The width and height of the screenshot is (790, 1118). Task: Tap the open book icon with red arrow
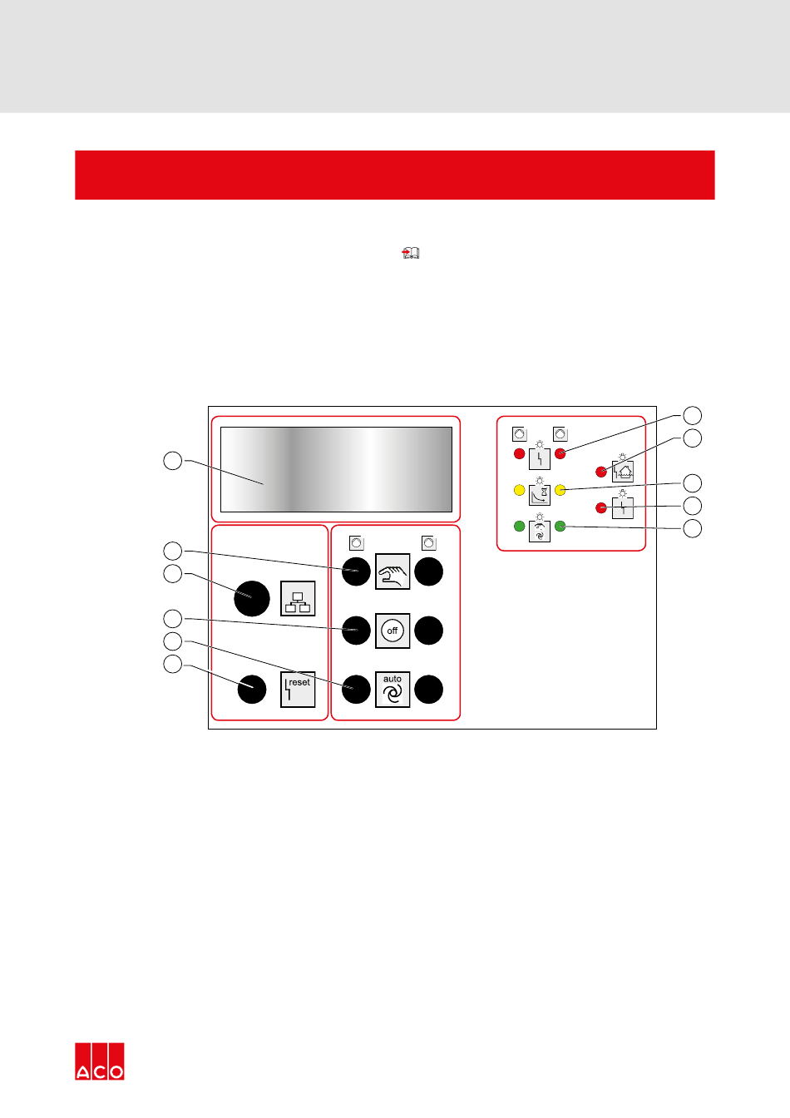(x=411, y=253)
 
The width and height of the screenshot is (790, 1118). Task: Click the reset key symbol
(x=298, y=690)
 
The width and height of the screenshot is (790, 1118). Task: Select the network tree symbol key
(x=298, y=598)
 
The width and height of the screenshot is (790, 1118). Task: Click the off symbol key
(x=393, y=631)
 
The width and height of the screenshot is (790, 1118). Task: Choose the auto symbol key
(x=393, y=690)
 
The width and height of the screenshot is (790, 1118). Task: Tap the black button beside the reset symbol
(x=251, y=690)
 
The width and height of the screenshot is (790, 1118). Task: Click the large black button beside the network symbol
(x=251, y=598)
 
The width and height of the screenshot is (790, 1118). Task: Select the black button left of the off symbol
(x=356, y=631)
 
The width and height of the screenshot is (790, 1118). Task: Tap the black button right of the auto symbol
(x=429, y=690)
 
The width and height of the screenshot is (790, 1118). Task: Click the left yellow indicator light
(x=519, y=490)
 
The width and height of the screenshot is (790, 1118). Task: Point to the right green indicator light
(x=560, y=526)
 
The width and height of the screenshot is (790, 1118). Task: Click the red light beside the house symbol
(x=601, y=472)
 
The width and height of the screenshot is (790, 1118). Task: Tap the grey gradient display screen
(x=336, y=469)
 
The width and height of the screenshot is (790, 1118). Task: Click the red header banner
(x=395, y=176)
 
